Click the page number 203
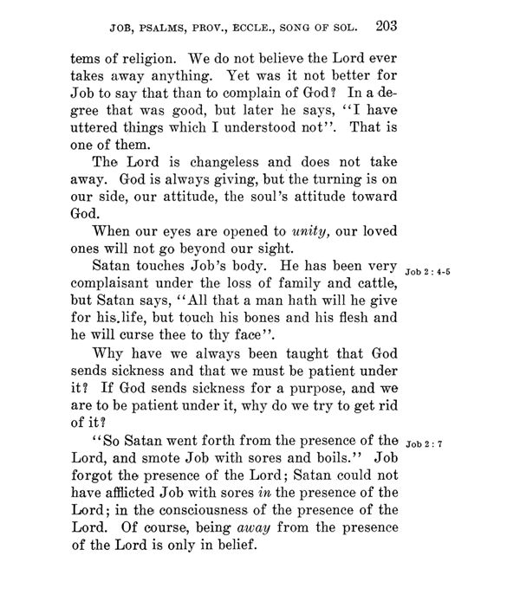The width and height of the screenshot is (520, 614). pyautogui.click(x=384, y=25)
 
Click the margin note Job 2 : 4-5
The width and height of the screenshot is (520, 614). pyautogui.click(x=427, y=272)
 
